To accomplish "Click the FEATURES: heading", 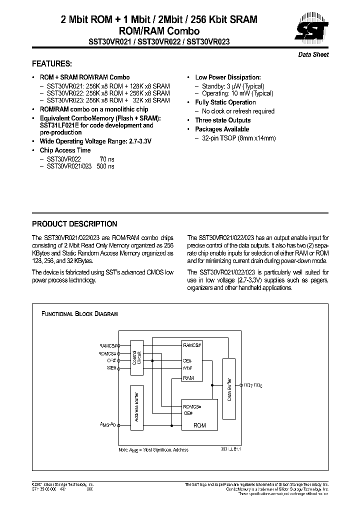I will click(52, 64).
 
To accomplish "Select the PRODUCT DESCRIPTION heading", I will click(74, 224).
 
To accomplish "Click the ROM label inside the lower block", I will click(199, 425).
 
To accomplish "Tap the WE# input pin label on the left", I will click(110, 367).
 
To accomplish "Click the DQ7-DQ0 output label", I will click(252, 385).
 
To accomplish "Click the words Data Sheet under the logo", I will click(313, 54).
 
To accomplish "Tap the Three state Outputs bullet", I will click(222, 120).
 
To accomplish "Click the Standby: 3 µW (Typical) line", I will click(233, 86).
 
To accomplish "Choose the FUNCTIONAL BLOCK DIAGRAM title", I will click(79, 314).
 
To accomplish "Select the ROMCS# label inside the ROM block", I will click(192, 406).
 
